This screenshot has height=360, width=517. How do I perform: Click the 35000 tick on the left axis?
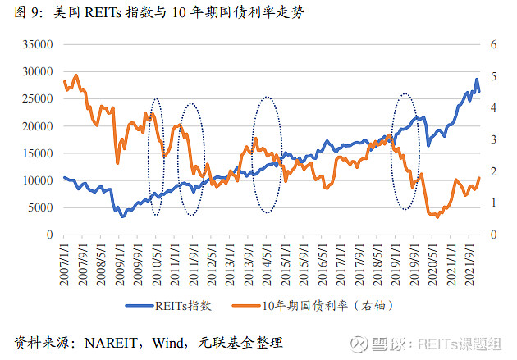pyautogui.click(x=35, y=45)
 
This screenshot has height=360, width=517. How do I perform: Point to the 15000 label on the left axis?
pyautogui.click(x=35, y=153)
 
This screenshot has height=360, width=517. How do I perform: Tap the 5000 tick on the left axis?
pyautogui.click(x=39, y=207)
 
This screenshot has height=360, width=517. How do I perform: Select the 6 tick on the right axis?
pyautogui.click(x=494, y=45)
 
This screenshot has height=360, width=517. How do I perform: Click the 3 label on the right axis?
pyautogui.click(x=494, y=139)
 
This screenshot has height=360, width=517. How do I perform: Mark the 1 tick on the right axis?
pyautogui.click(x=494, y=203)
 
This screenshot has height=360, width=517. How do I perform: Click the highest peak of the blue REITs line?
pyautogui.click(x=477, y=80)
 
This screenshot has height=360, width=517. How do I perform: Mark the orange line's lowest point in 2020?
pyautogui.click(x=437, y=217)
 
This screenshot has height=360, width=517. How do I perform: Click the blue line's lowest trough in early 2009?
pyautogui.click(x=122, y=216)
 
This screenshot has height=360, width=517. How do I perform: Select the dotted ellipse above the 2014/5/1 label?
pyautogui.click(x=267, y=155)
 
